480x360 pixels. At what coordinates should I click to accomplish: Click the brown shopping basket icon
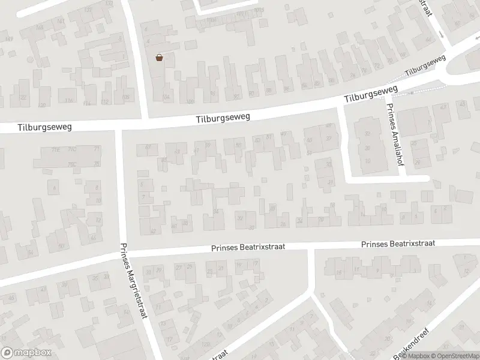tap(160, 58)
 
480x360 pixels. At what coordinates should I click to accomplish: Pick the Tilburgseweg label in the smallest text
tap(425, 67)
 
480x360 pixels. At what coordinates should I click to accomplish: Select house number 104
tap(166, 97)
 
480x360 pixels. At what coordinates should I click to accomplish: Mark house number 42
tap(152, 231)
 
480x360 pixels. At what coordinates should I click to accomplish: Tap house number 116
tap(69, 101)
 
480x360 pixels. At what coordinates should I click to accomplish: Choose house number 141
tap(60, 22)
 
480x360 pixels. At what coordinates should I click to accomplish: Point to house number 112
tap(105, 102)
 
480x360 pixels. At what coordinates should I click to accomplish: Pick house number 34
tap(216, 211)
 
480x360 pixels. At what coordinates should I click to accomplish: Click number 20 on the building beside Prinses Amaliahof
tap(367, 148)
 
